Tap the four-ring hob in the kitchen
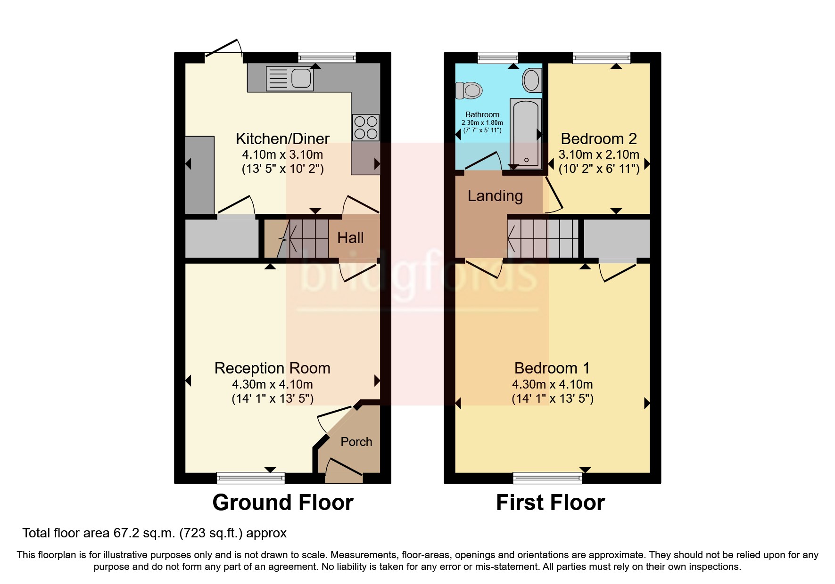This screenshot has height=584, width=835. [x=366, y=127]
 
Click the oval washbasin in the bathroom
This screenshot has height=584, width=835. [x=531, y=81]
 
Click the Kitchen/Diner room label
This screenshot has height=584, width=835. [x=282, y=138]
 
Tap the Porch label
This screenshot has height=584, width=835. [x=356, y=442]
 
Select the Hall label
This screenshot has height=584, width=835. [x=350, y=238]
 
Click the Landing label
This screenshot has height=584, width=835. [x=495, y=196]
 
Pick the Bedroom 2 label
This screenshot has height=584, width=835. [x=599, y=138]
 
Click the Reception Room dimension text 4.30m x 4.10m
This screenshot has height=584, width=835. [x=273, y=384]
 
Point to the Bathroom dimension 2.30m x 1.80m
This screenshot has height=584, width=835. [x=482, y=122]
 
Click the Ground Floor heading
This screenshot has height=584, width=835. [x=283, y=503]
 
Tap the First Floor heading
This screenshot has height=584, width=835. [x=550, y=503]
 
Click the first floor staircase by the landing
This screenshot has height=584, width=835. [x=543, y=238]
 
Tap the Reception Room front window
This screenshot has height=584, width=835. [x=251, y=479]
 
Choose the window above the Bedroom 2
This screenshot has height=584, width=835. [x=602, y=58]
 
